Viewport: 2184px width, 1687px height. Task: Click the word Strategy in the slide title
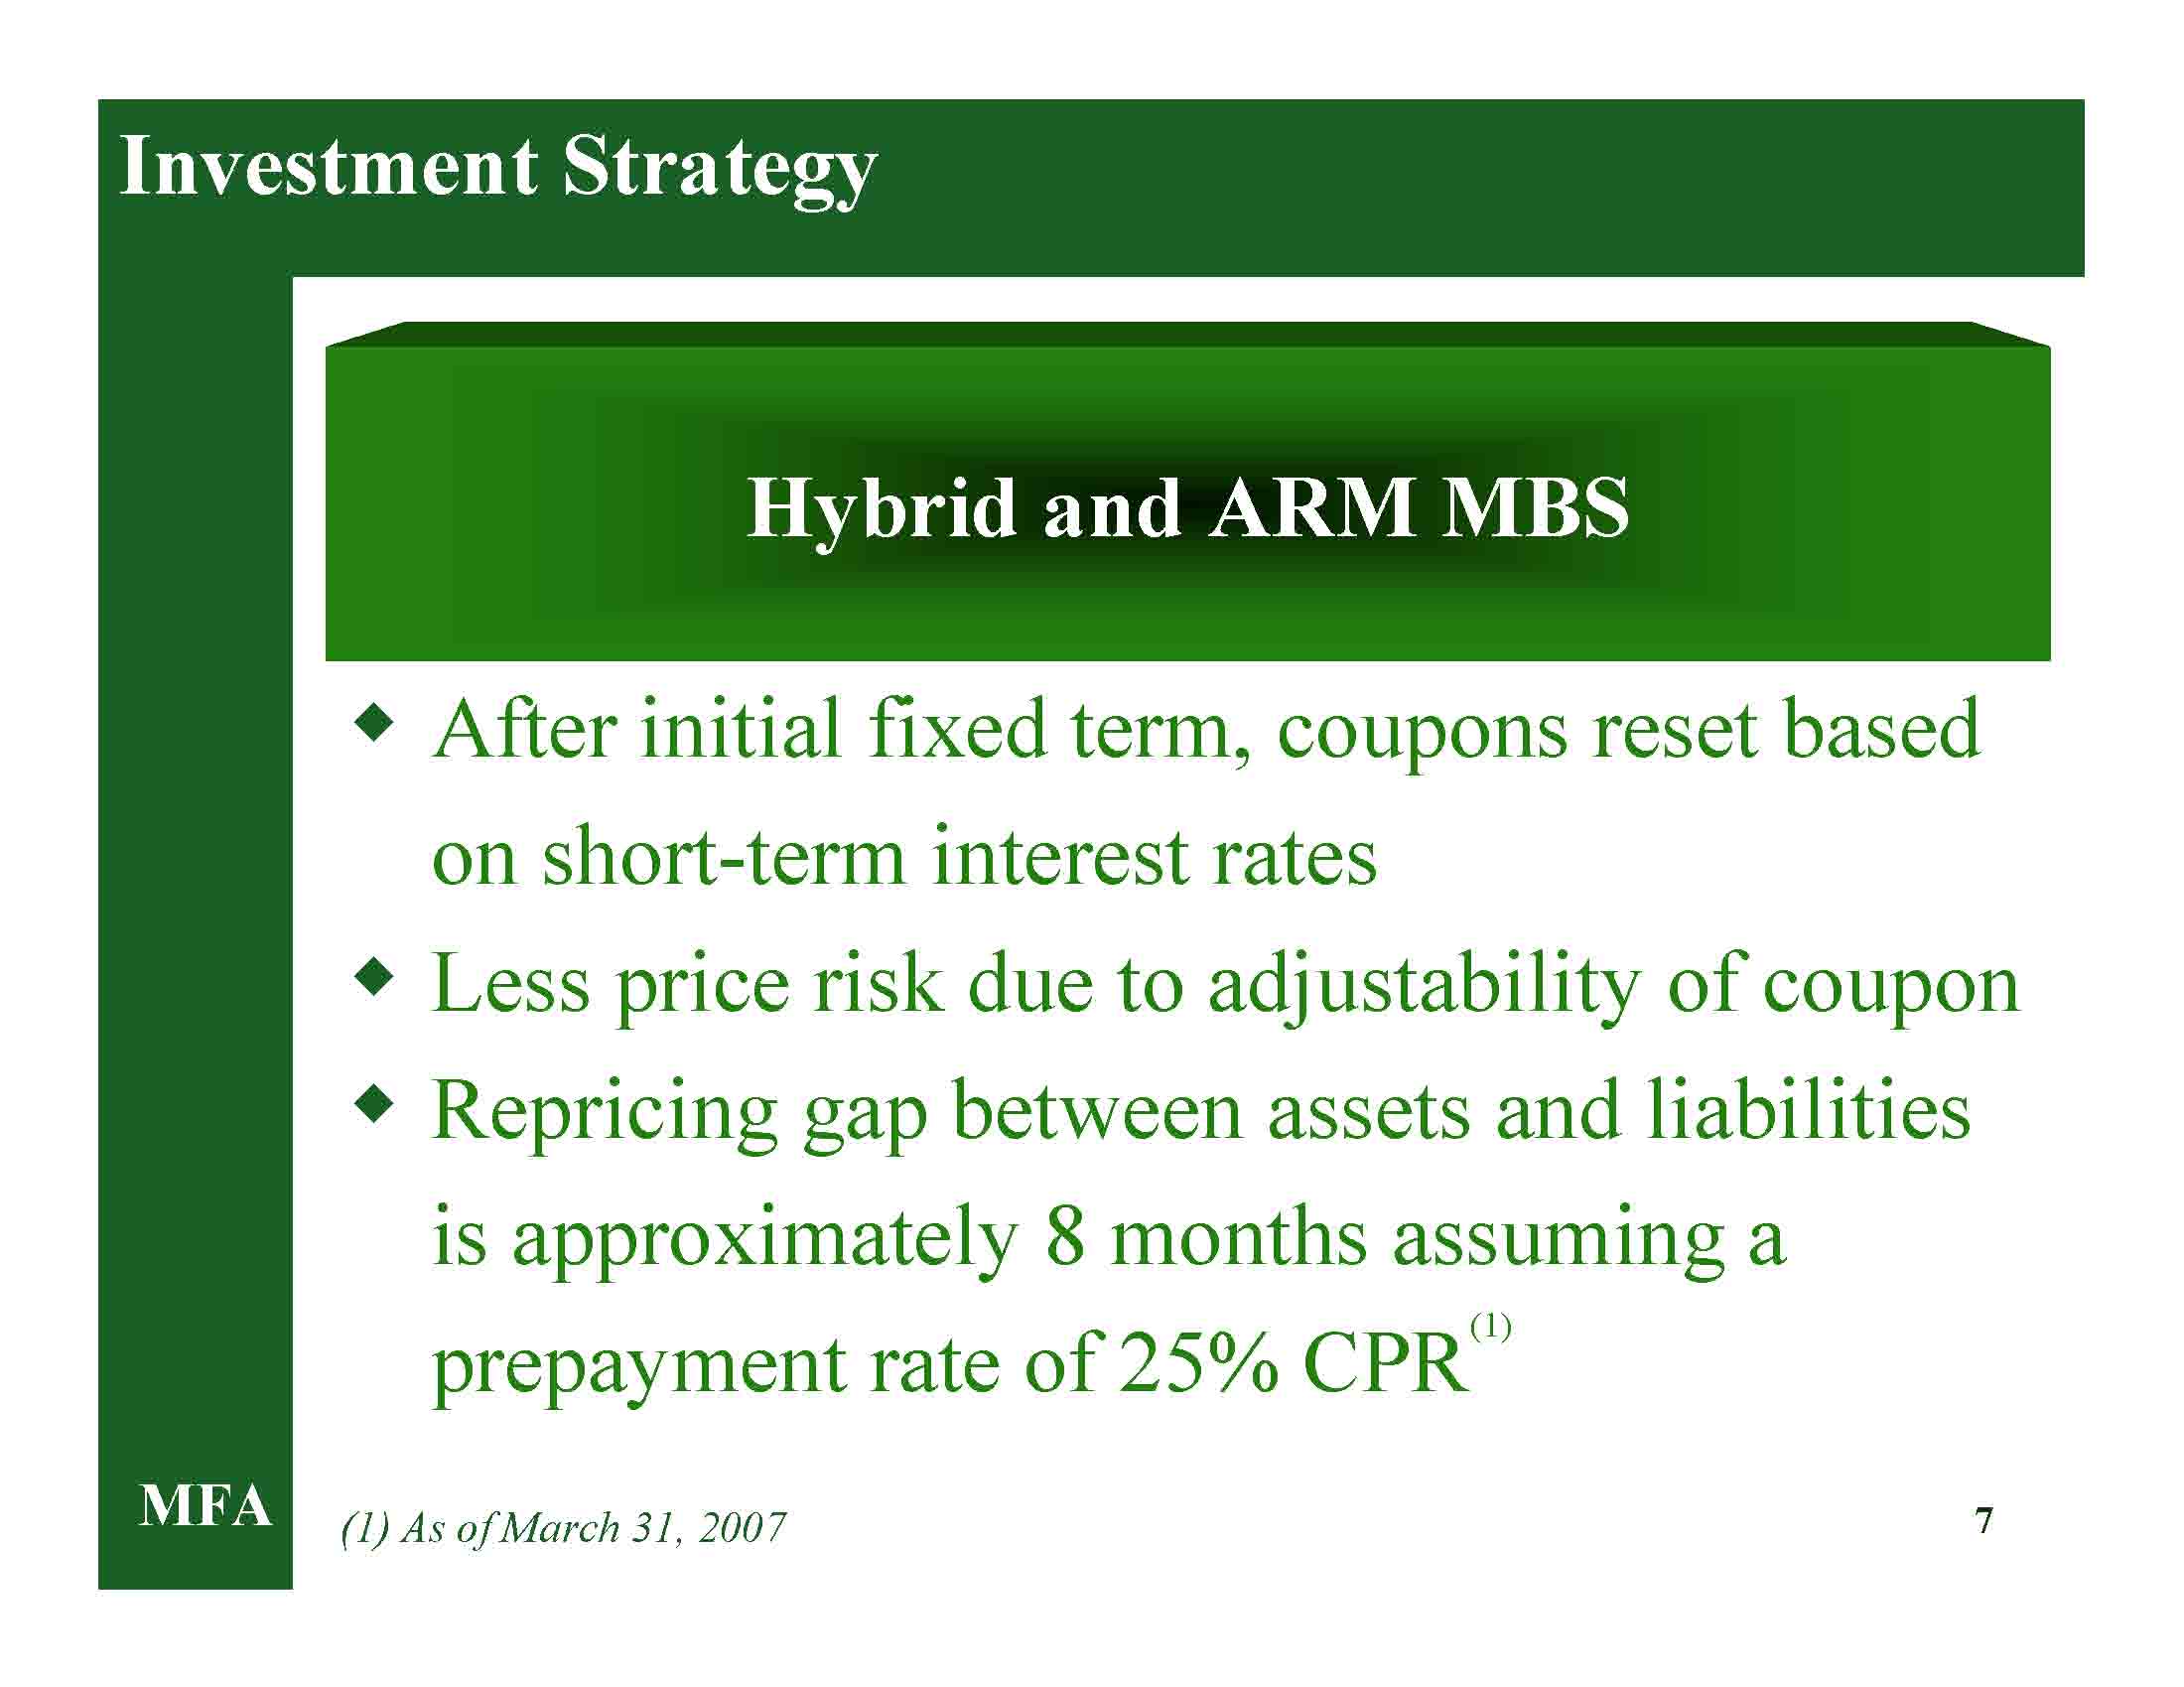pyautogui.click(x=719, y=172)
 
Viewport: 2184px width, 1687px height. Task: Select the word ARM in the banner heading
pyautogui.click(x=1311, y=508)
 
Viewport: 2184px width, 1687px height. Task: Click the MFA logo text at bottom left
pyautogui.click(x=205, y=1507)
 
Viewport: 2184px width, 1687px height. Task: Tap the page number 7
pyautogui.click(x=1985, y=1521)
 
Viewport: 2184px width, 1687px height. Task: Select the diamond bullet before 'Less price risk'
pyautogui.click(x=374, y=977)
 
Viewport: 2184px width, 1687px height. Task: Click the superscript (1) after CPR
pyautogui.click(x=1491, y=1329)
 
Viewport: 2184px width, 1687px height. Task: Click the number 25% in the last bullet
pyautogui.click(x=1198, y=1364)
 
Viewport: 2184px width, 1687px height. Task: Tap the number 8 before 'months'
pyautogui.click(x=1065, y=1238)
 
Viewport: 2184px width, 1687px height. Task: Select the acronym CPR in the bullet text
pyautogui.click(x=1386, y=1364)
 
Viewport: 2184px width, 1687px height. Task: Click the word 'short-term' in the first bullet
pyautogui.click(x=724, y=858)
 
